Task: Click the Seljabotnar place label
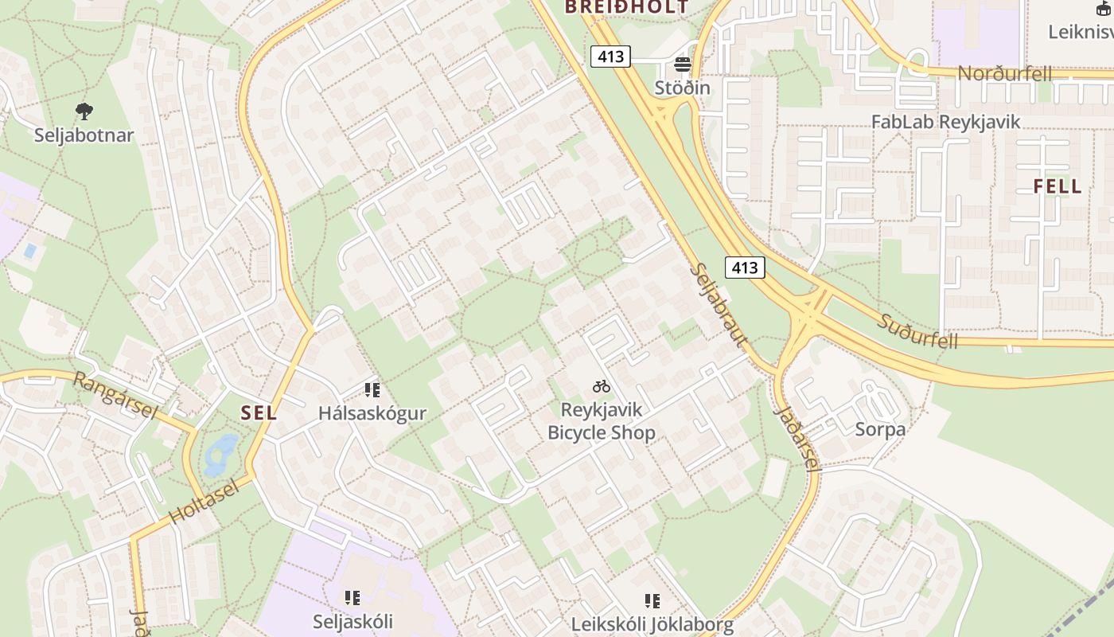pos(84,135)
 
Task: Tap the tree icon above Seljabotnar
pos(84,111)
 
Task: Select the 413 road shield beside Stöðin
pos(610,57)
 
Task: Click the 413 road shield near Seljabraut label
pos(744,268)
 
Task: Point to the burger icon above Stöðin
pos(682,64)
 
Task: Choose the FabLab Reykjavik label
pos(945,122)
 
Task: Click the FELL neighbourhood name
pos(1058,186)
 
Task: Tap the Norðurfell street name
pos(1004,74)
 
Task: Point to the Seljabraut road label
pos(718,305)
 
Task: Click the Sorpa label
pos(880,429)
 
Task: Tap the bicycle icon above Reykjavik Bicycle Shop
pos(602,387)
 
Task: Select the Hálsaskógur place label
pos(372,413)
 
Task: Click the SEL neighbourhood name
pos(259,412)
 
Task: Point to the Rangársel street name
pos(115,392)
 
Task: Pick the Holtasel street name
pos(204,501)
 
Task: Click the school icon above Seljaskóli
pos(352,597)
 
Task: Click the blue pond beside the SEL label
pos(220,454)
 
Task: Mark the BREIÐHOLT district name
pos(626,7)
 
